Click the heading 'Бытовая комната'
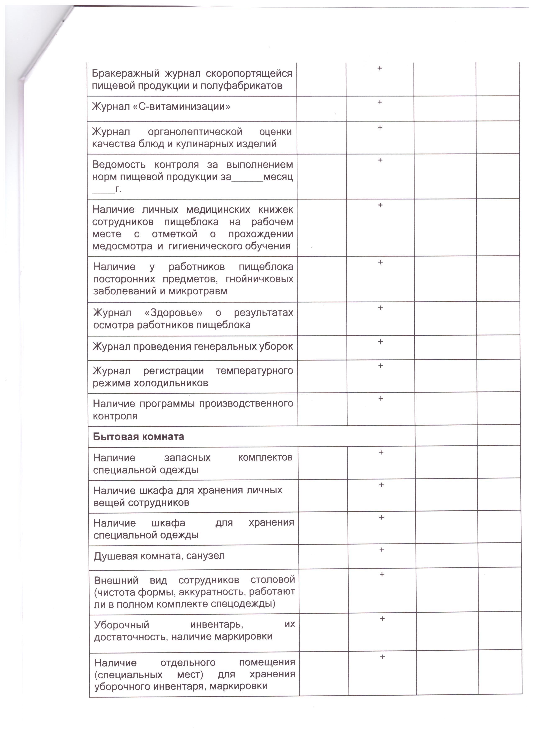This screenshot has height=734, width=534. click(138, 437)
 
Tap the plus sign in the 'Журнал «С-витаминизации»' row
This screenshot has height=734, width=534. click(380, 102)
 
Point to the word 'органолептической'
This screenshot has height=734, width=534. click(195, 132)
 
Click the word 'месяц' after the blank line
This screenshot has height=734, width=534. click(278, 177)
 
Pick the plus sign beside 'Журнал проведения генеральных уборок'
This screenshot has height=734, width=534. click(380, 342)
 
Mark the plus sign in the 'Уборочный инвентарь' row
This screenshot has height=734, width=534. click(382, 619)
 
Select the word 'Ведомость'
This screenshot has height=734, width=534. click(119, 165)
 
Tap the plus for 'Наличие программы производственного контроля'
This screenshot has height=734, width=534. click(381, 398)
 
